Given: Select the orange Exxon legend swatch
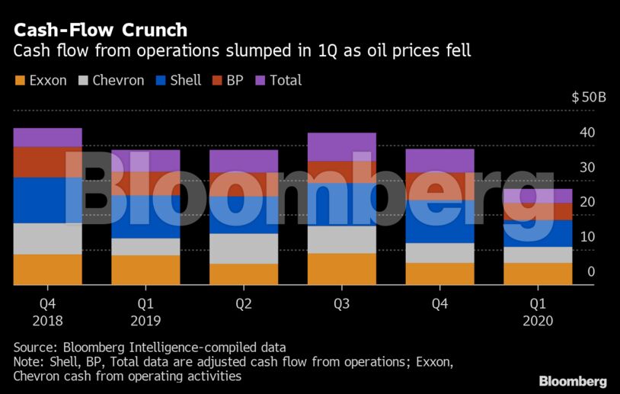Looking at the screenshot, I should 19,80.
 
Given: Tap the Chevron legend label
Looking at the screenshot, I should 118,80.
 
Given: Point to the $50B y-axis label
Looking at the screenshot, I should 589,98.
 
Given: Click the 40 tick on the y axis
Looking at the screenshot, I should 586,133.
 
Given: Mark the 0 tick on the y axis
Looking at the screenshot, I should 591,272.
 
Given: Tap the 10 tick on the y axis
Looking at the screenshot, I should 586,237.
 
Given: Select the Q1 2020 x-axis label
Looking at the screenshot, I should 538,312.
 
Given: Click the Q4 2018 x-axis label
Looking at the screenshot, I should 47,312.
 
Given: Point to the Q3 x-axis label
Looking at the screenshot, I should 341,304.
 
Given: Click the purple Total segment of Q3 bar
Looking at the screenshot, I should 341,147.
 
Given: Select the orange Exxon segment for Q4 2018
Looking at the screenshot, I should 47,269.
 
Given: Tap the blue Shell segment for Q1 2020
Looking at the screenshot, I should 538,233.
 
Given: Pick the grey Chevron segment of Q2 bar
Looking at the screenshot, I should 244,248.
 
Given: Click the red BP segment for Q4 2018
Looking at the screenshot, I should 47,162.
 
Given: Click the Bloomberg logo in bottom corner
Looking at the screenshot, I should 573,381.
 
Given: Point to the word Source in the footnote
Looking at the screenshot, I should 32,346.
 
